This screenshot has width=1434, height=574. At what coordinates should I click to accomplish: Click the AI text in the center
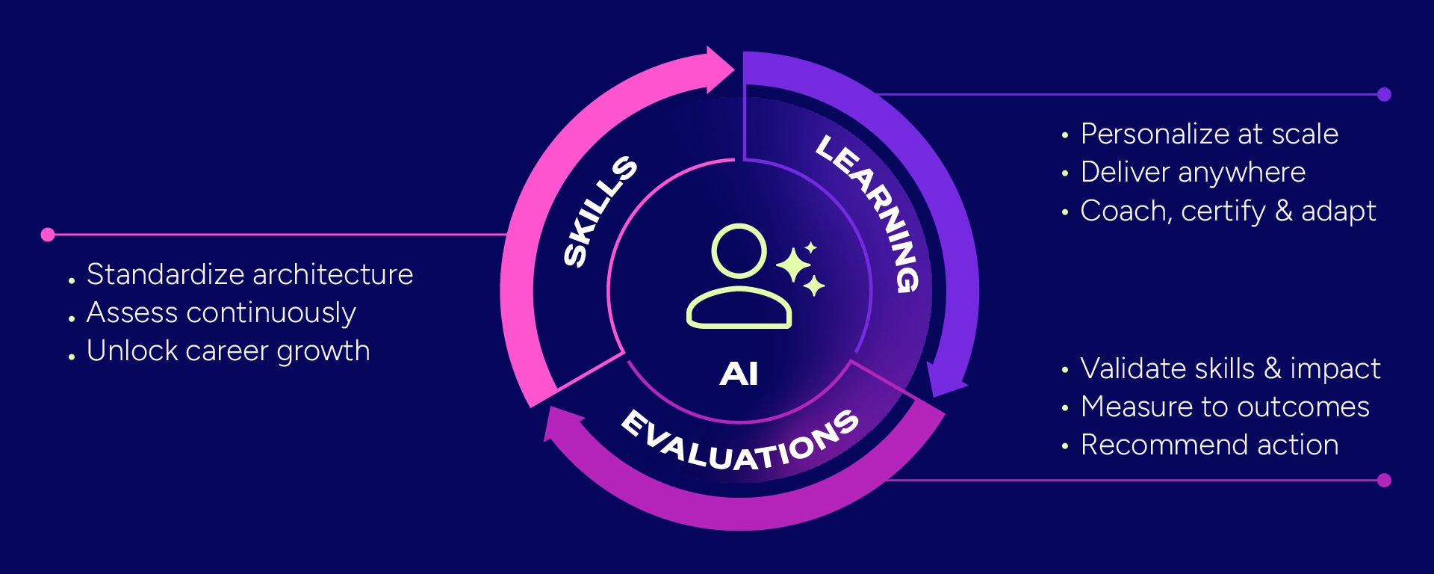click(x=739, y=373)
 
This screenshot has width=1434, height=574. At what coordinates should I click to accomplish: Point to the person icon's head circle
click(x=739, y=252)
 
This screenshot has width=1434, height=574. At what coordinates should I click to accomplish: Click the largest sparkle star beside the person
click(x=794, y=265)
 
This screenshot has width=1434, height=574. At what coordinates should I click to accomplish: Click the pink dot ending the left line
click(x=48, y=235)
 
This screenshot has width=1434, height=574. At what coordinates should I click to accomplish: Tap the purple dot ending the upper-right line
click(x=1384, y=94)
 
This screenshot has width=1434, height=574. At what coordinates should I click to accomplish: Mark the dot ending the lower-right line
click(x=1384, y=480)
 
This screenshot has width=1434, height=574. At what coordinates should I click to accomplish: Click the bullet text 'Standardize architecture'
click(x=249, y=274)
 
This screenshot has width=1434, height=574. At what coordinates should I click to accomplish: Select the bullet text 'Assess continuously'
click(x=221, y=313)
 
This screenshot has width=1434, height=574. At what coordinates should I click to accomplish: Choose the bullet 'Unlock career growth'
click(x=229, y=351)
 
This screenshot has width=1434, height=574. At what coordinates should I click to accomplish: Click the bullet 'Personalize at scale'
click(x=1209, y=134)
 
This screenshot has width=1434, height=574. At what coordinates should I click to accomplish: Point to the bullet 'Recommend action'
click(x=1209, y=445)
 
